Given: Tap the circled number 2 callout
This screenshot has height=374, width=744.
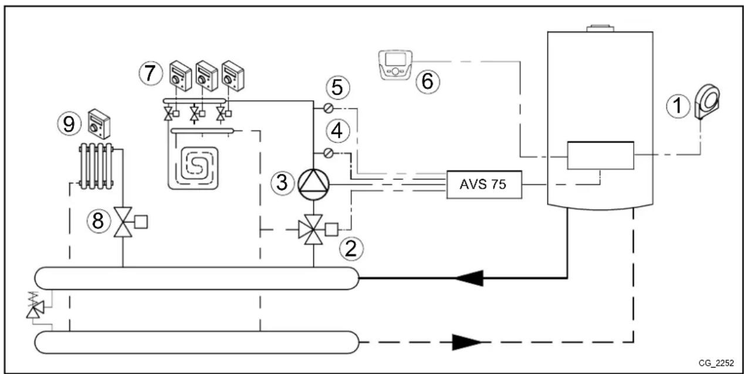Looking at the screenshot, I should pyautogui.click(x=351, y=249).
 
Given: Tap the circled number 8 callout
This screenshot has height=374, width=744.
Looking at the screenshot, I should pyautogui.click(x=98, y=221).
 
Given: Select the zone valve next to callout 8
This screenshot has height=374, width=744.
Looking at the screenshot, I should pyautogui.click(x=123, y=222).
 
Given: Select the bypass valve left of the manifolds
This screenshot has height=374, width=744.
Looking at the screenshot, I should pyautogui.click(x=32, y=305).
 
